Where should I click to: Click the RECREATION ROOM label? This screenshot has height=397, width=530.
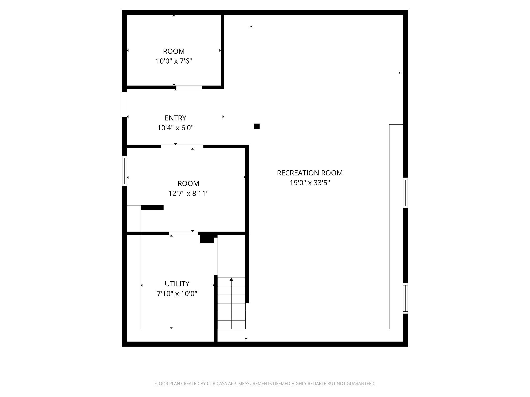[310, 173]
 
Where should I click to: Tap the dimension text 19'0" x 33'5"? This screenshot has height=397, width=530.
[310, 183]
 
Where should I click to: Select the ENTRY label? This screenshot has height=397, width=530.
[175, 118]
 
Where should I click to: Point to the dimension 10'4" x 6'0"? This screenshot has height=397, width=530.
[175, 128]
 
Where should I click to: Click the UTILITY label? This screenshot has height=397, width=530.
[177, 284]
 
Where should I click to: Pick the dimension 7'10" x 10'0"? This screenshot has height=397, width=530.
[177, 294]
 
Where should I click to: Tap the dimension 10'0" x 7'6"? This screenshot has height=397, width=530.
[174, 61]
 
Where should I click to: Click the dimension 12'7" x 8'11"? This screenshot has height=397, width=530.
[188, 193]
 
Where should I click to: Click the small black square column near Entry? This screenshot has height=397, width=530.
[257, 126]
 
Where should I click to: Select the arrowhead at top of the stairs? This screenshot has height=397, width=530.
[231, 279]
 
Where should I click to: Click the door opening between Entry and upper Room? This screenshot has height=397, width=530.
[189, 87]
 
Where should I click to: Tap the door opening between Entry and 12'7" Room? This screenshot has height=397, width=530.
[182, 147]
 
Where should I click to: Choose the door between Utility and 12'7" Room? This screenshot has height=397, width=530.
[183, 233]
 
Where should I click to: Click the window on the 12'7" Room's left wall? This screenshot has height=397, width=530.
[124, 171]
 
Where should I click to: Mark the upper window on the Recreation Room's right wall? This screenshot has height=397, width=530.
[405, 193]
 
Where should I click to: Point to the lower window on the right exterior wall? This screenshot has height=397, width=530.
[405, 299]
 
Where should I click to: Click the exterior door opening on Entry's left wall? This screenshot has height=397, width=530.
[124, 104]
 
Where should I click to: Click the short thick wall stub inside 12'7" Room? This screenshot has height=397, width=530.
[152, 208]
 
